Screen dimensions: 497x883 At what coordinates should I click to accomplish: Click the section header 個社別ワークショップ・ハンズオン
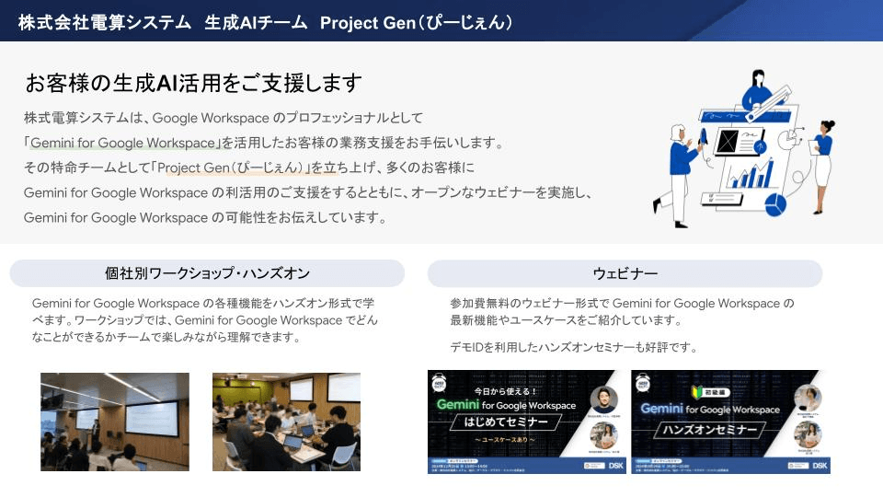click(207, 273)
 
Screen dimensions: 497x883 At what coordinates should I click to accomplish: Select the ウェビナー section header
click(625, 273)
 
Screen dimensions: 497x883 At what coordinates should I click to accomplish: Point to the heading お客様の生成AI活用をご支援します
click(193, 83)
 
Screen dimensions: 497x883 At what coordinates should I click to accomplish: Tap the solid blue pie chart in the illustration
click(775, 204)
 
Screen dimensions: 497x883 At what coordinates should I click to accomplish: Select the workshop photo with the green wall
click(286, 422)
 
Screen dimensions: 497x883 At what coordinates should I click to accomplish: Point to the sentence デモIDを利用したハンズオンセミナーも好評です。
click(574, 347)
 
